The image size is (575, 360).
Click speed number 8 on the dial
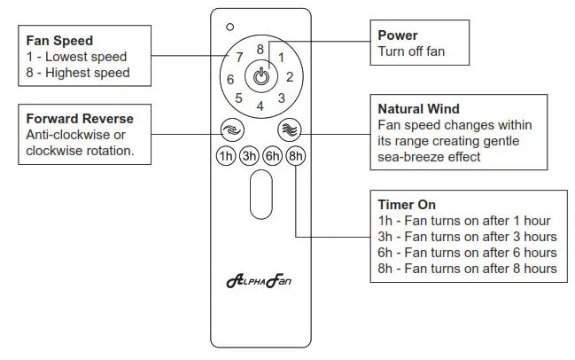(260, 50)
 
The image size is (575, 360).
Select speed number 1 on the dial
(281, 58)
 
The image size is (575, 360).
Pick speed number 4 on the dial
(260, 106)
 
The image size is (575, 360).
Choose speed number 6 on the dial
(231, 79)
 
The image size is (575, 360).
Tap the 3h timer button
(249, 156)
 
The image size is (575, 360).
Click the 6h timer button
(272, 156)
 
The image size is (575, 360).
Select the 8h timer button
(295, 156)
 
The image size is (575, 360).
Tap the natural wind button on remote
(290, 129)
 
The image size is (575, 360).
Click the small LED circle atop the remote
(229, 27)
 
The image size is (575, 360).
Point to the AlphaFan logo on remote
(260, 281)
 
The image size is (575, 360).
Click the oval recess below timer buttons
(260, 195)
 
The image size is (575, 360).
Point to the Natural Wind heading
(418, 110)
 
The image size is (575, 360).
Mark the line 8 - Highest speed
(78, 73)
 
